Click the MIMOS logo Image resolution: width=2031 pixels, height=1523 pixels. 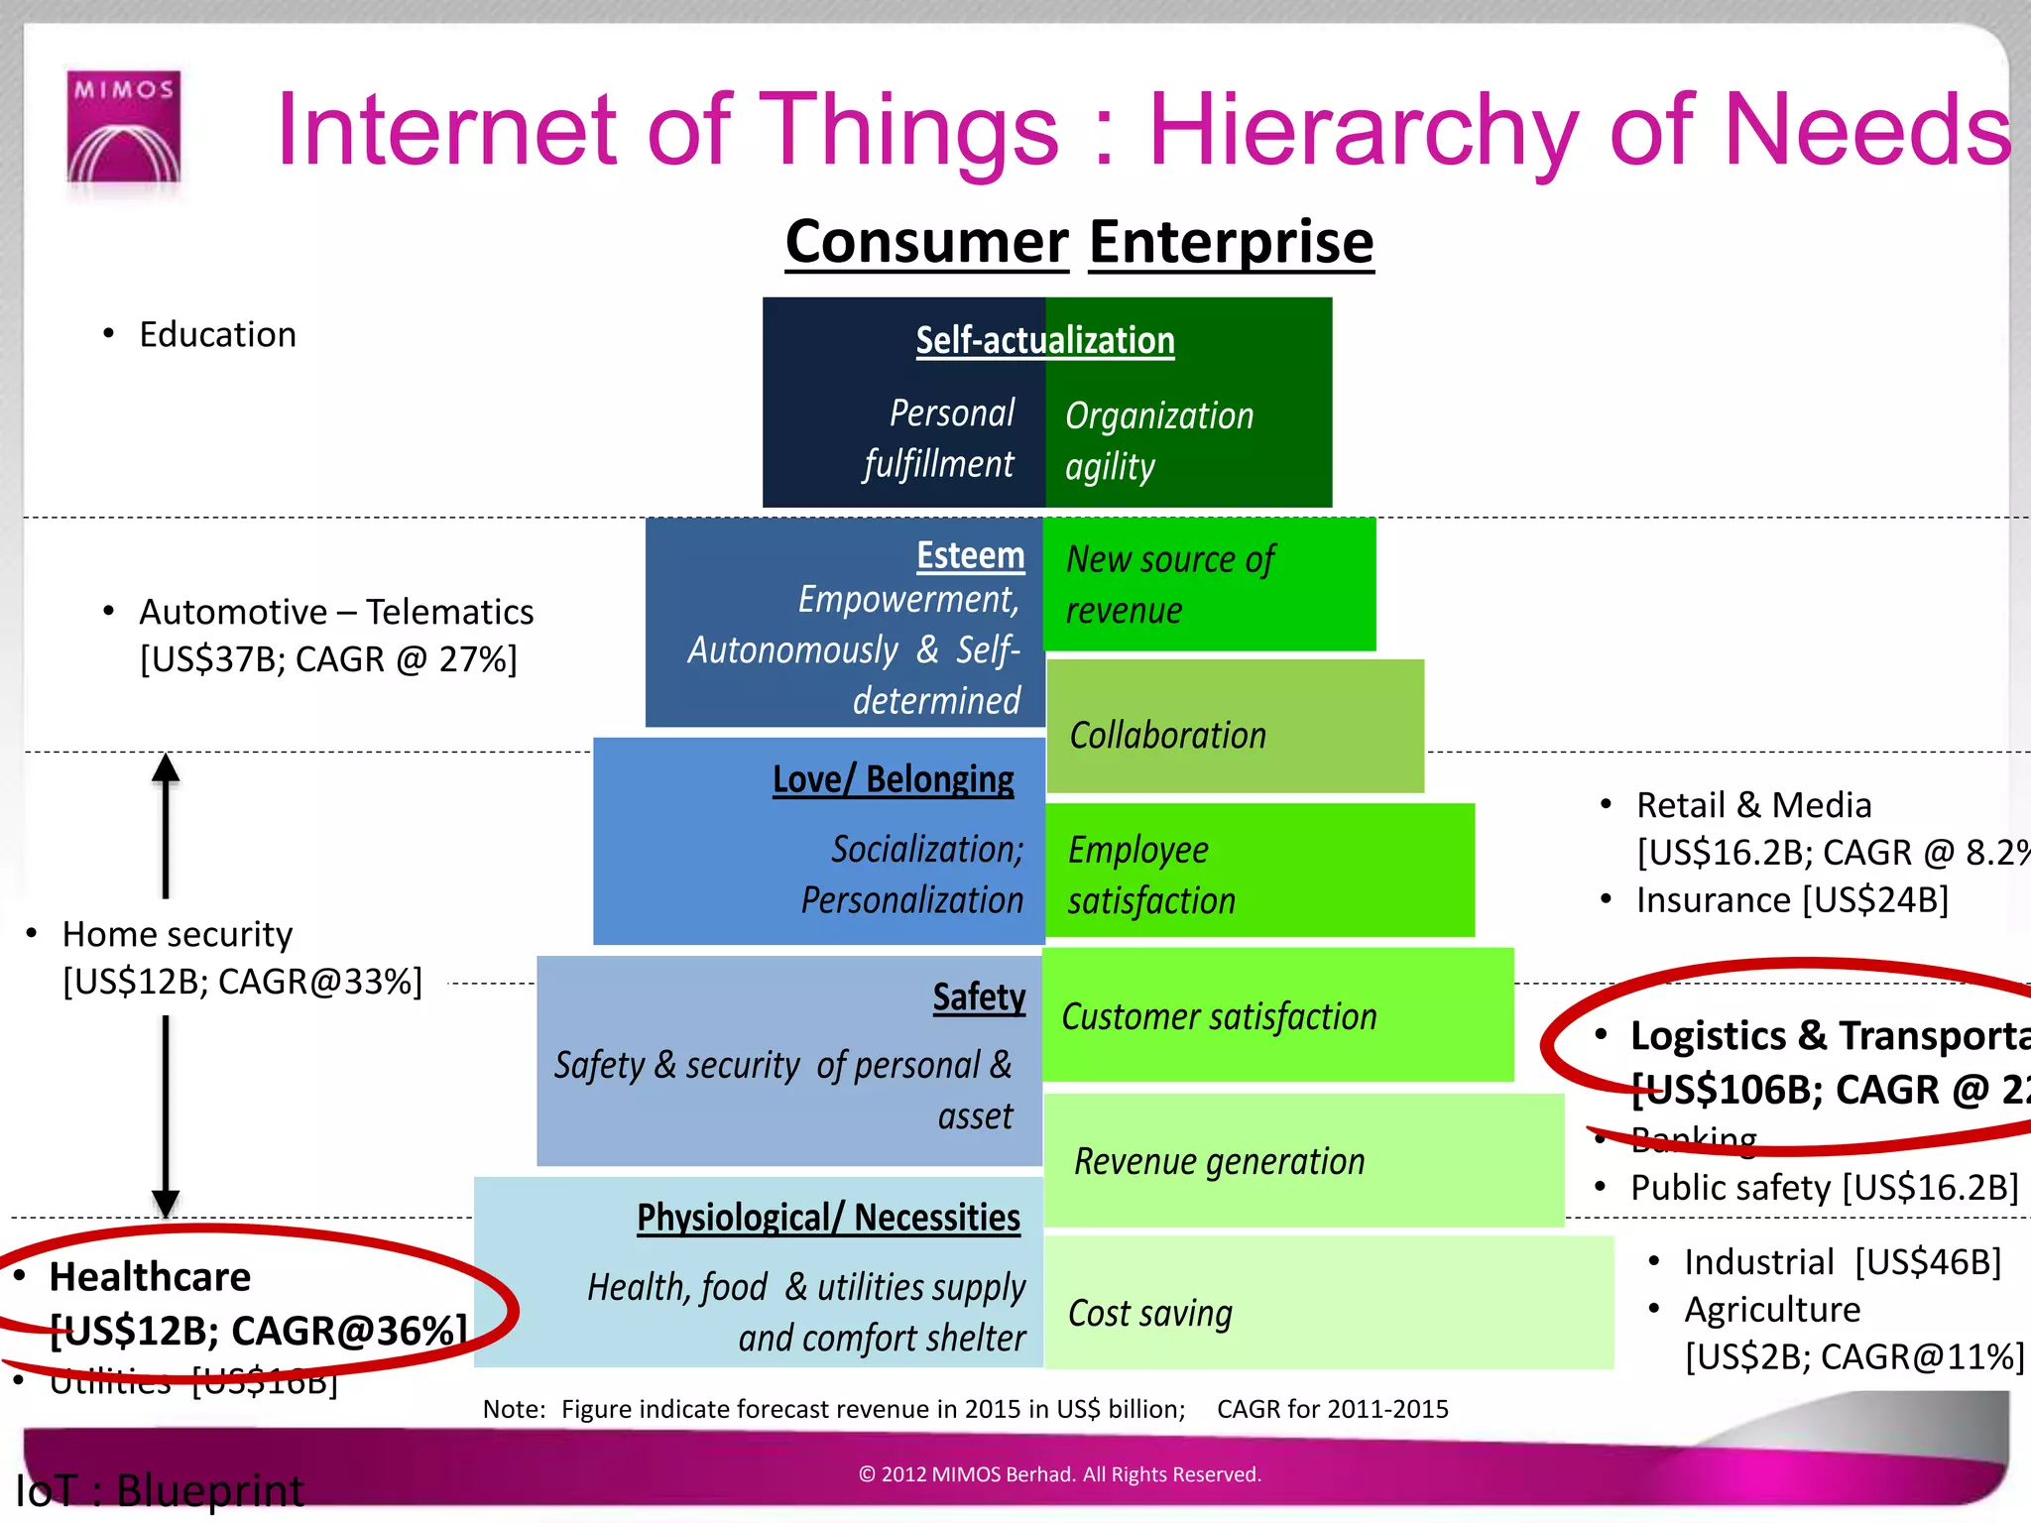124,126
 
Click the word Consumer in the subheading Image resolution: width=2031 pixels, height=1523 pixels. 926,242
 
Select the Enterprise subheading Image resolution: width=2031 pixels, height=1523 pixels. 1231,242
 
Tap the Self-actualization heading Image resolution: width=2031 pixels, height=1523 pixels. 1044,340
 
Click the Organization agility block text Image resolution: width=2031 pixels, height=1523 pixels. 1158,440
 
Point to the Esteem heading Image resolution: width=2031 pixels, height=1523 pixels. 970,555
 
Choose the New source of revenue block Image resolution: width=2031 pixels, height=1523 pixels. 1209,584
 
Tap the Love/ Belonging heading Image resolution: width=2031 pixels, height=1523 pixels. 893,779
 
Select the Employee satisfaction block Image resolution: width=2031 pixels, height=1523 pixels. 1259,872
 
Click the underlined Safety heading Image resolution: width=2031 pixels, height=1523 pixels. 979,996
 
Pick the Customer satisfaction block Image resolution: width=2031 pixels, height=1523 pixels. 1277,1015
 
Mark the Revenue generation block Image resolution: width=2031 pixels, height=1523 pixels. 1303,1160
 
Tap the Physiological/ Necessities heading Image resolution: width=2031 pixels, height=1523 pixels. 828,1217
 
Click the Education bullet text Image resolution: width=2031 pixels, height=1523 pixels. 217,335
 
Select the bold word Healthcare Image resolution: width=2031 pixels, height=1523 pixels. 150,1276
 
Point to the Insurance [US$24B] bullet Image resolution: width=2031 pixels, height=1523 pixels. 1791,900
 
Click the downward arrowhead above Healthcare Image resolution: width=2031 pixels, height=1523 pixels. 166,1202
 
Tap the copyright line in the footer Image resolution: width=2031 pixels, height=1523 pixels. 1059,1474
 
